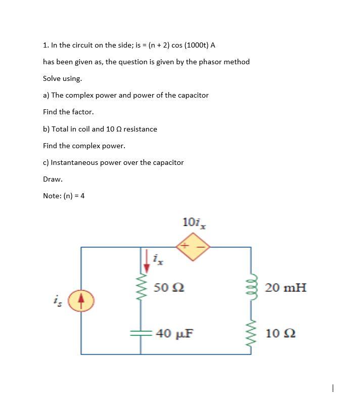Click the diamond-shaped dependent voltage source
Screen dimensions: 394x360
coord(193,247)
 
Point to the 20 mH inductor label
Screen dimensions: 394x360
coord(286,287)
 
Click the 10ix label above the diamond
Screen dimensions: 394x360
coord(195,222)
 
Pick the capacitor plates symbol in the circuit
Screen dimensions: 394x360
coord(140,333)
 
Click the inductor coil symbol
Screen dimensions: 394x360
coord(251,287)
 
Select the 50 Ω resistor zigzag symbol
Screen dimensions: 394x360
coord(140,287)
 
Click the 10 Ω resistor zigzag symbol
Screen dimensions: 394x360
coord(251,333)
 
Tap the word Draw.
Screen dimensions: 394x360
coord(53,179)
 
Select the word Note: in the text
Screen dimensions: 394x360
coord(53,196)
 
